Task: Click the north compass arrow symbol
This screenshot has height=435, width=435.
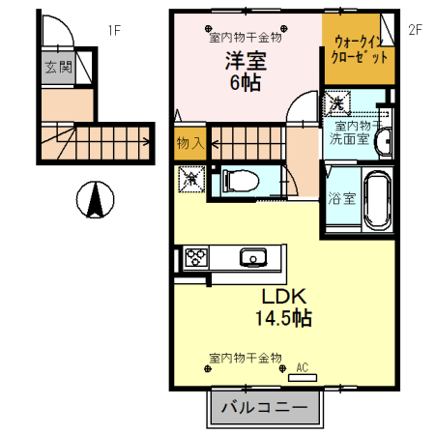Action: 95,201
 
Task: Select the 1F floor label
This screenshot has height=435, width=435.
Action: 113,30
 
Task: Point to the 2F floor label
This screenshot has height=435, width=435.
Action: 416,30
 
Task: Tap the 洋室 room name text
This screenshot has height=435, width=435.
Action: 246,61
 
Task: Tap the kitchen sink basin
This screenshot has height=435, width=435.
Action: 253,257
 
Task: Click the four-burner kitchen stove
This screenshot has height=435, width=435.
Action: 197,257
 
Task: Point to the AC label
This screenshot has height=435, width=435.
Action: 302,367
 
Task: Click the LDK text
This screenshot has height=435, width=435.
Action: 282,296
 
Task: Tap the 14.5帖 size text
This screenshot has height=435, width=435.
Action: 282,317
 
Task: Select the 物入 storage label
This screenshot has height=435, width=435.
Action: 188,143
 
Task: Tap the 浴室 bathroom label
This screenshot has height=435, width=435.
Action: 340,199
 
